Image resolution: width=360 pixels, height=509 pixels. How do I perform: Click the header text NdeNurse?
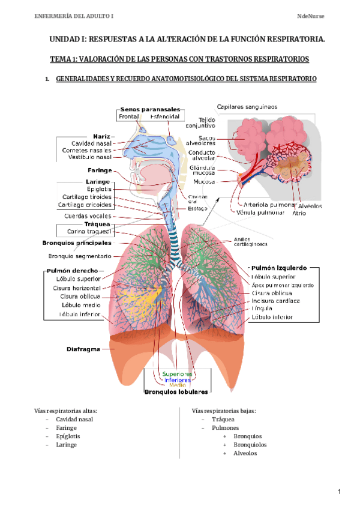(311, 14)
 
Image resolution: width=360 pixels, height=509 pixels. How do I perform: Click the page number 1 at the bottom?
(340, 492)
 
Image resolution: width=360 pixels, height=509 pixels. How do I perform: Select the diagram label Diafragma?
(83, 349)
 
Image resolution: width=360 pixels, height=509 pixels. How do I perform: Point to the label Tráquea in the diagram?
(97, 223)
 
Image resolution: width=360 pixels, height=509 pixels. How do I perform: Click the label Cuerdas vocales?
(87, 216)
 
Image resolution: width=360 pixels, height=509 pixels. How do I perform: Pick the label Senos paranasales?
(151, 109)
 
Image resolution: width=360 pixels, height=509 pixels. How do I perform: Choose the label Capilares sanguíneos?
(247, 107)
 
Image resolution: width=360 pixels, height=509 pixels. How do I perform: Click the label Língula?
(262, 309)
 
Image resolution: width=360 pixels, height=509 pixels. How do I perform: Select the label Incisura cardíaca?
(276, 301)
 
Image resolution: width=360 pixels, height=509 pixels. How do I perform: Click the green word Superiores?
(177, 374)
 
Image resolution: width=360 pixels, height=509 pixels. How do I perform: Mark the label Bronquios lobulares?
(176, 392)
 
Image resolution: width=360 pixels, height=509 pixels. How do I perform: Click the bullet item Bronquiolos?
(250, 445)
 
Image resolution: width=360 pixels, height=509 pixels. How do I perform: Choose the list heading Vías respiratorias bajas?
(224, 411)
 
